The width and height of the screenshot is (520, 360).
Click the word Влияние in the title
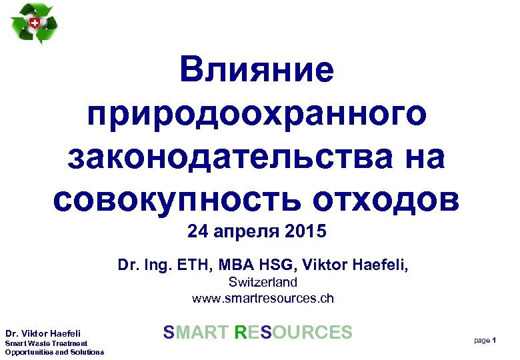[256, 71]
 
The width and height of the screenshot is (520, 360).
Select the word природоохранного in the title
[257, 114]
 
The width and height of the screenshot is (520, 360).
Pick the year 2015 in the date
[305, 232]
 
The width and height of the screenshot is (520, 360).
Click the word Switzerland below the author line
[263, 282]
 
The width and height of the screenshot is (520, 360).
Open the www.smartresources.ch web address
[263, 298]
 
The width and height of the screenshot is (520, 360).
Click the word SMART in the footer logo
[196, 332]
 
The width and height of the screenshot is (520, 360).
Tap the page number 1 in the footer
[493, 341]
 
